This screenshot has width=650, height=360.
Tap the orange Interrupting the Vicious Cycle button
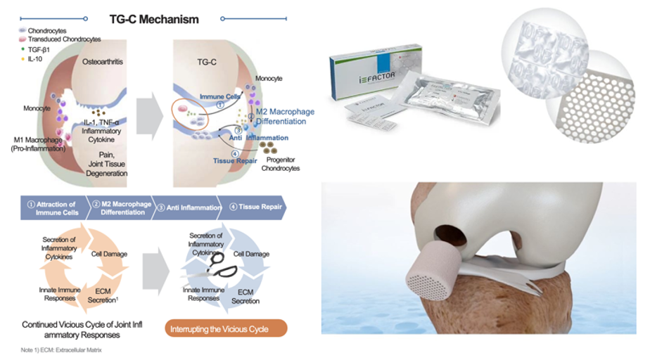click(226, 328)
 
